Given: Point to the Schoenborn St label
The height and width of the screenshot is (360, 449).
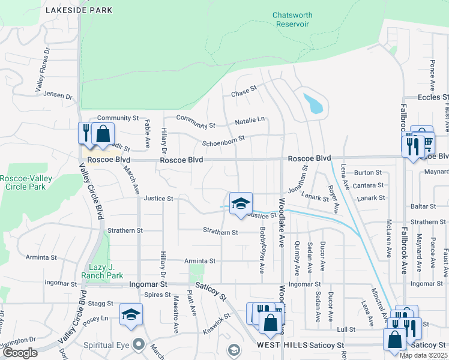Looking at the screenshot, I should pyautogui.click(x=223, y=139).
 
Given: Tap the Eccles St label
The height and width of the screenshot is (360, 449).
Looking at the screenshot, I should pyautogui.click(x=432, y=97).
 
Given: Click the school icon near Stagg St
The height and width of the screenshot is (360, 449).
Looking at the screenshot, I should pyautogui.click(x=131, y=314).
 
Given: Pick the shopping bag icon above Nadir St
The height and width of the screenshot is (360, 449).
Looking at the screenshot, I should pyautogui.click(x=103, y=133).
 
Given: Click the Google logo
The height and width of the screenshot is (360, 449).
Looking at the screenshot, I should pyautogui.click(x=20, y=353).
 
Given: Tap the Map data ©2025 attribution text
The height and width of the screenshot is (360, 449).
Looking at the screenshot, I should pyautogui.click(x=423, y=355).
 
